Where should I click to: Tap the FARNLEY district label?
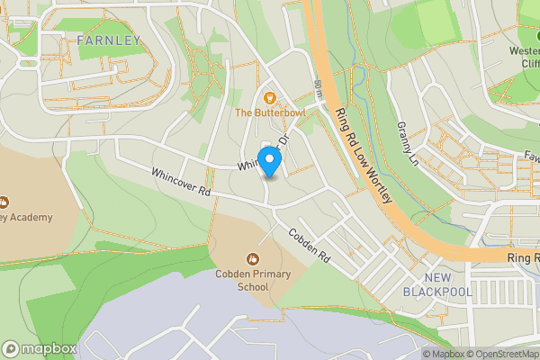click(109, 40)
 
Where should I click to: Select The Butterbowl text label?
click(270, 113)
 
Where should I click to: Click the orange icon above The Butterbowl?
click(269, 96)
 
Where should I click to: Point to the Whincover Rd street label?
click(180, 183)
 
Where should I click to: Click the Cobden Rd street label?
click(310, 245)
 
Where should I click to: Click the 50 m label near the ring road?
click(319, 89)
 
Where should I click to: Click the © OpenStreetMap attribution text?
click(501, 353)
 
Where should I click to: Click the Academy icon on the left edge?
click(4, 202)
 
